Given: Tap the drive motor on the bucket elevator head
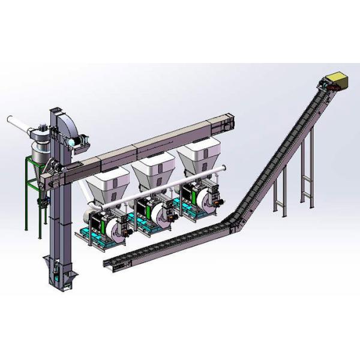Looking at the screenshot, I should (77, 139).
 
